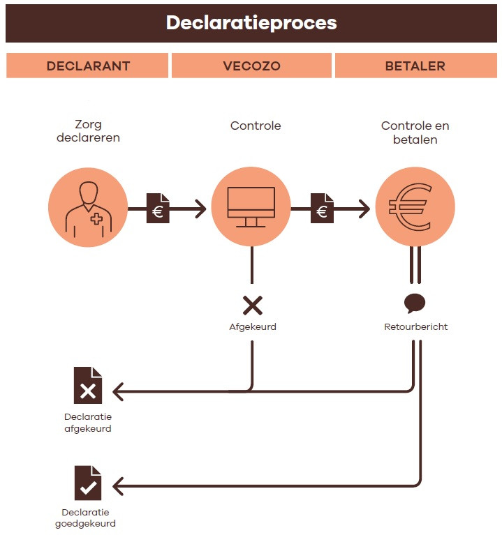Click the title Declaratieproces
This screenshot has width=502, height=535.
[x=251, y=22]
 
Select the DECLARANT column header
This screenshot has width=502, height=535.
[x=88, y=66]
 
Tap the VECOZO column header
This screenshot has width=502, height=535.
[x=251, y=66]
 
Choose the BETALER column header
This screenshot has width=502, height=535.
[x=415, y=66]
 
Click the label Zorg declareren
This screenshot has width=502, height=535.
[x=88, y=131]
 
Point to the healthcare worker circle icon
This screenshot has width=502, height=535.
[x=88, y=208]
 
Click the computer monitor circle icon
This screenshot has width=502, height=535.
[x=251, y=208]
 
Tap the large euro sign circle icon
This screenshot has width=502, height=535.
[x=415, y=208]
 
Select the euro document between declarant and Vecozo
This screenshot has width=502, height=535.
[x=157, y=209]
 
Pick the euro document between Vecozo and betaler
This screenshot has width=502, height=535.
[x=321, y=209]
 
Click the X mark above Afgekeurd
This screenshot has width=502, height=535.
[x=252, y=305]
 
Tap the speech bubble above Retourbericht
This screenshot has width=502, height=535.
[x=415, y=303]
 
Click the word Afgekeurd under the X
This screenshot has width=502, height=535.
[x=252, y=326]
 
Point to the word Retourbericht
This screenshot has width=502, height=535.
[x=415, y=326]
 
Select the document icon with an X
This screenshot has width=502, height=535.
[x=88, y=385]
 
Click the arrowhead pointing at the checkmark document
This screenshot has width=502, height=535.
[x=118, y=484]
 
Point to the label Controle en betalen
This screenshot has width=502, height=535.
[x=415, y=133]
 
